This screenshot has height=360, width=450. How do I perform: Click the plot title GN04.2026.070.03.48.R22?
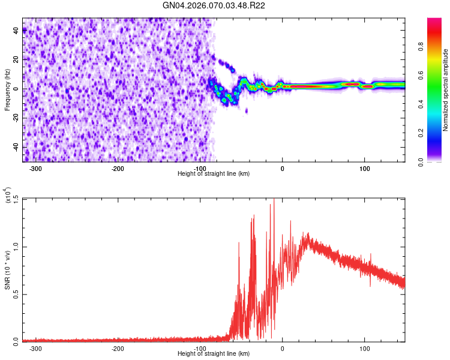214,6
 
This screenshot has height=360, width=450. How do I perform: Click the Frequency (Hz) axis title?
8,90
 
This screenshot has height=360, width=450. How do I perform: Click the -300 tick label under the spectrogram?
35,169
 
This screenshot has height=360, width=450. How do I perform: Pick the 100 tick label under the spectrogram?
364,169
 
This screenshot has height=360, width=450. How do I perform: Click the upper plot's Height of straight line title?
214,174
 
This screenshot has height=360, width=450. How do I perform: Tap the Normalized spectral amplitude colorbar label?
446,90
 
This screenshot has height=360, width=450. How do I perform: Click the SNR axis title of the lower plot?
8,270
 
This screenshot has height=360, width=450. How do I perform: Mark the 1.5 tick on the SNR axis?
16,199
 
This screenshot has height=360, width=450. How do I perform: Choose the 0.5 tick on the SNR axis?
16,293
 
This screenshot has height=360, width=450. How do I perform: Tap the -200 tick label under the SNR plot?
118,348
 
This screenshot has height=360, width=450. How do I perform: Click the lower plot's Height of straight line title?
214,353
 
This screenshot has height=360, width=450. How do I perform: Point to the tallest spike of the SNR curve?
274,200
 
